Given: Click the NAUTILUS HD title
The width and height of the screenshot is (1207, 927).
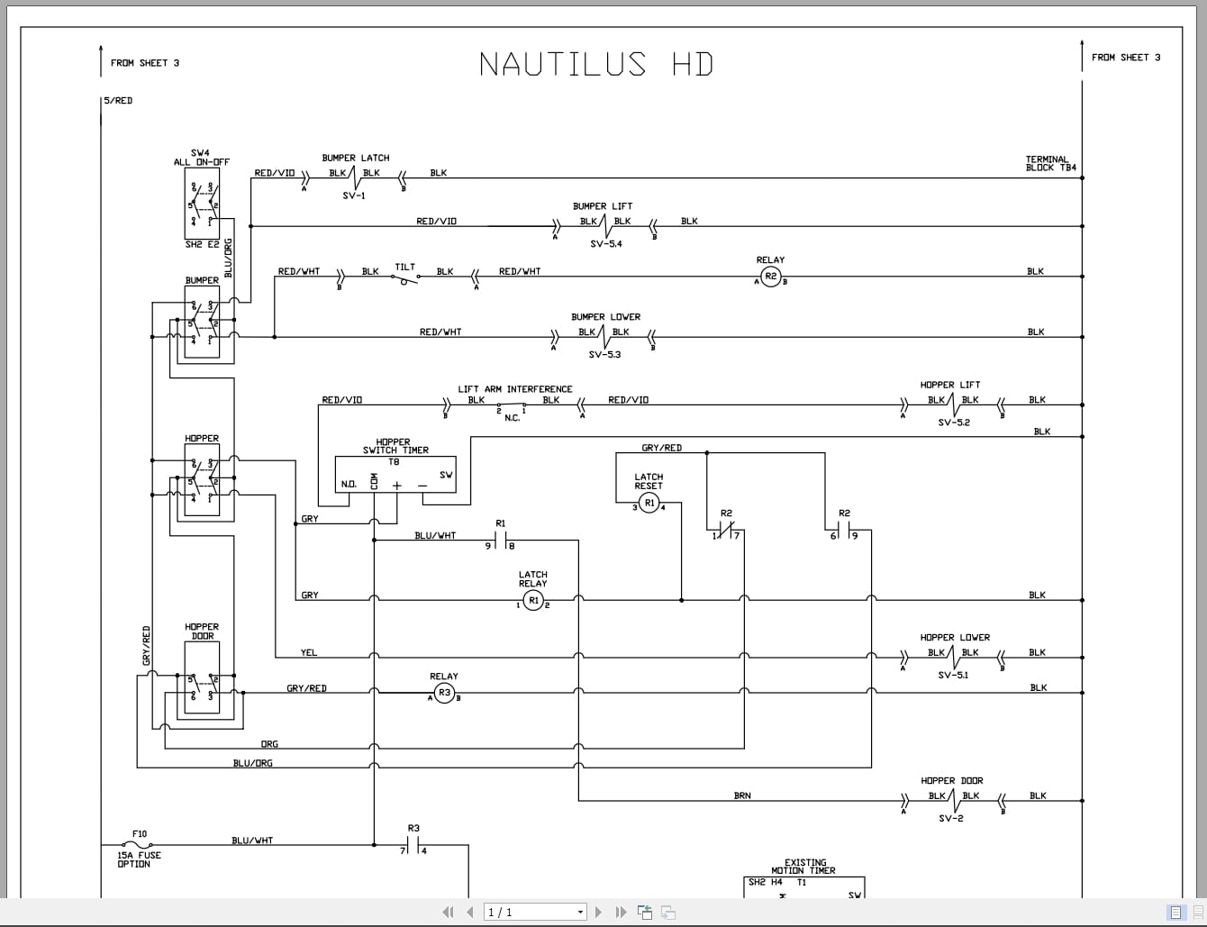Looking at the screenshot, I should click(x=595, y=64).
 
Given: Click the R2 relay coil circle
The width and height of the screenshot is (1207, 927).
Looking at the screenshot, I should click(x=770, y=277).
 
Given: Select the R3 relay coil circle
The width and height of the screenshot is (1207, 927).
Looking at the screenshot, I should click(x=444, y=693).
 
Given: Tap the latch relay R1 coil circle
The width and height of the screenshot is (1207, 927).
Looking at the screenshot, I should click(x=533, y=600).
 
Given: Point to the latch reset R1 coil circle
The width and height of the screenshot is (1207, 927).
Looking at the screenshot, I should click(x=649, y=504).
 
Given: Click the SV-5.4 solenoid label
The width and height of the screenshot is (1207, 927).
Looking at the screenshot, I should click(x=605, y=244).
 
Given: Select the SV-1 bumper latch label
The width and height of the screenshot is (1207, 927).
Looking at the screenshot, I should click(x=354, y=195).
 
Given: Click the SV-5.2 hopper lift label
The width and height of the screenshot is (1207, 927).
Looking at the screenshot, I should click(x=954, y=423).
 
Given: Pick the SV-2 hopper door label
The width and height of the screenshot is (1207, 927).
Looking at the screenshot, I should click(x=951, y=819).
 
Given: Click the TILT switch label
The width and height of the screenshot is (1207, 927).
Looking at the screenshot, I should click(x=405, y=267).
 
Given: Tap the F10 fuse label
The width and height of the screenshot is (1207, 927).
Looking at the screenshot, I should click(x=140, y=834).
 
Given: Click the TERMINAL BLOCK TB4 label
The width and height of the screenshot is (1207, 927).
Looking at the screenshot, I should click(x=1050, y=164).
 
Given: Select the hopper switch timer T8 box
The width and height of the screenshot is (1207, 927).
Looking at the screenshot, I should click(x=395, y=475).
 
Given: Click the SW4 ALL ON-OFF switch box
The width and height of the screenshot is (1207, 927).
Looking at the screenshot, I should click(x=202, y=204).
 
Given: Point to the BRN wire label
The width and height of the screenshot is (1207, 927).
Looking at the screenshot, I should click(x=742, y=795).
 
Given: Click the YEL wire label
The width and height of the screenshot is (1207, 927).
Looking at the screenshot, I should click(x=309, y=652).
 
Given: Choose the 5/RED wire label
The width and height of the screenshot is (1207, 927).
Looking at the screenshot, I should click(x=118, y=101).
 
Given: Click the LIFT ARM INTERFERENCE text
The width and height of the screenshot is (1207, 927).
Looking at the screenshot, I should click(x=514, y=389).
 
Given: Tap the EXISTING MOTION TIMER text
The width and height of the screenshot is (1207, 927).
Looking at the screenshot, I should click(x=804, y=867).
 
